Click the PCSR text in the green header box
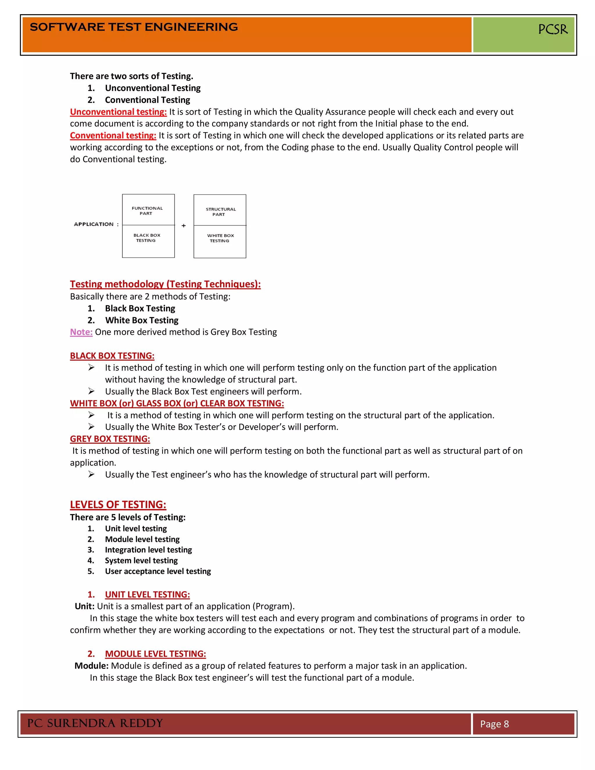click(553, 29)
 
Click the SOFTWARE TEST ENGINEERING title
click(134, 27)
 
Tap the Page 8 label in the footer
click(494, 724)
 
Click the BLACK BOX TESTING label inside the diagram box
click(147, 238)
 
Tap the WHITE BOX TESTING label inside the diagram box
click(220, 238)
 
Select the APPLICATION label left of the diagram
click(94, 224)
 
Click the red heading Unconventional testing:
click(118, 112)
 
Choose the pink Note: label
click(81, 332)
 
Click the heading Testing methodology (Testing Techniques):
click(165, 284)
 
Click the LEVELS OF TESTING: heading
click(118, 504)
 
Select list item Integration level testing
click(148, 550)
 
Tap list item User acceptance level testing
click(157, 571)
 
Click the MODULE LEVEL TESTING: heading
click(155, 654)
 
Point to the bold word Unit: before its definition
click(84, 606)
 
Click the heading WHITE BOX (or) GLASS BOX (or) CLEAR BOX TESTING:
click(177, 403)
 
